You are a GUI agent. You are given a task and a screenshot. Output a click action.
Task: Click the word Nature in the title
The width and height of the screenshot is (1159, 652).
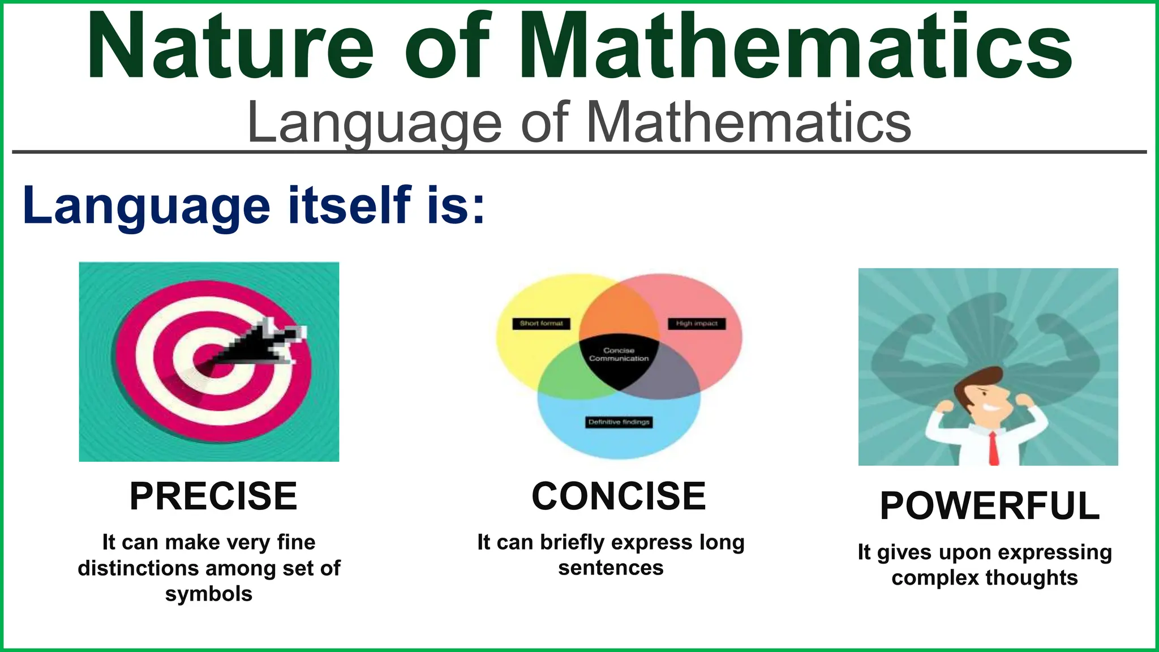(x=230, y=46)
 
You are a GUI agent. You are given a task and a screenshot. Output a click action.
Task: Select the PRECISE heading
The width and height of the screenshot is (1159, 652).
(x=213, y=496)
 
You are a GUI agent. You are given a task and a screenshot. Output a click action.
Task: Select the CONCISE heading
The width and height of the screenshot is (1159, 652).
(x=619, y=496)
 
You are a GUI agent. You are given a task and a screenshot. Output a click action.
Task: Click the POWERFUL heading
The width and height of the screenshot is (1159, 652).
(x=990, y=505)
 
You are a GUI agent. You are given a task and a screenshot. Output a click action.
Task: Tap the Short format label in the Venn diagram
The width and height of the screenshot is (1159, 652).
(x=541, y=324)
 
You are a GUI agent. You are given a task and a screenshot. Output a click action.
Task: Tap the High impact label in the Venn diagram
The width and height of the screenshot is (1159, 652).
(x=696, y=324)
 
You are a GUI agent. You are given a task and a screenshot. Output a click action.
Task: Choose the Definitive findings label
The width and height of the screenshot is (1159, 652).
(x=619, y=422)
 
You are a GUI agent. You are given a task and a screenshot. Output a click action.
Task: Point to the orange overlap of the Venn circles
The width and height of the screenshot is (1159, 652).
(x=619, y=311)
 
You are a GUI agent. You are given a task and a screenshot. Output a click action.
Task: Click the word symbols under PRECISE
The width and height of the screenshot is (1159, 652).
(x=209, y=594)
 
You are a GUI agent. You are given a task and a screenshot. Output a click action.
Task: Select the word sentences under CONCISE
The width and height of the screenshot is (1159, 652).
(x=611, y=568)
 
